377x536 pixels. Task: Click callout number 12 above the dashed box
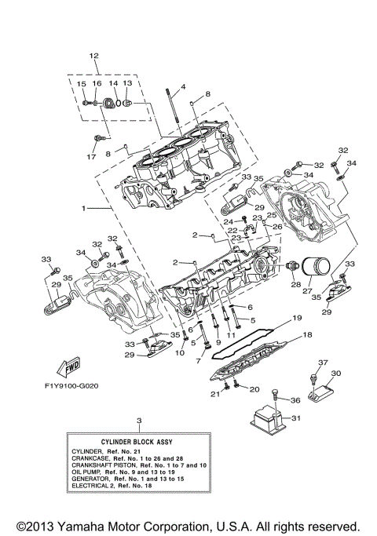click(x=93, y=56)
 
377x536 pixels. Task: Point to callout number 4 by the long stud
click(x=182, y=86)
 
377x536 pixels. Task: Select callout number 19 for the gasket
click(x=298, y=319)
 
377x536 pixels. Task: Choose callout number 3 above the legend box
click(x=138, y=421)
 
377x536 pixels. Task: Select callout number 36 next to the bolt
click(x=295, y=400)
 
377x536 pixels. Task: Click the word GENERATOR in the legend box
click(x=90, y=477)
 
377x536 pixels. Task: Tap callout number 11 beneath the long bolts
click(x=231, y=336)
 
